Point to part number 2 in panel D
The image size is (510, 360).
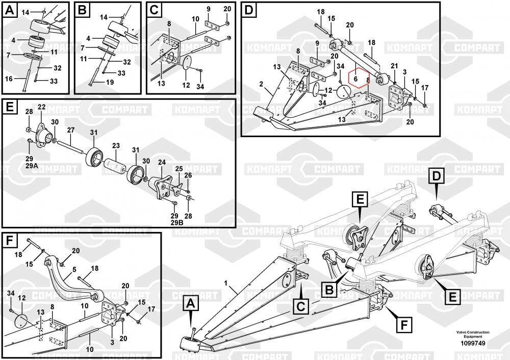coord(261,83)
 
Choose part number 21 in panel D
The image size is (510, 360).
coord(394,66)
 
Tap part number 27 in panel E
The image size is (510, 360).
coord(70,130)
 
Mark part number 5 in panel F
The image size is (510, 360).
coord(74,269)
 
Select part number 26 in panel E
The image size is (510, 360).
coord(188,175)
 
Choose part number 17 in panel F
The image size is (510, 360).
coord(151,309)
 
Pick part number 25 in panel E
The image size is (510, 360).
coord(179,168)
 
